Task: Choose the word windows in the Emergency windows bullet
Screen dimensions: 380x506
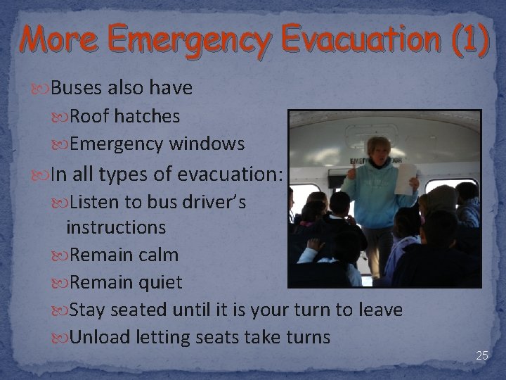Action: [x=207, y=144]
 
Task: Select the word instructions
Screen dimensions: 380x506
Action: [x=116, y=227]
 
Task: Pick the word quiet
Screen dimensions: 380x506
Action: [x=159, y=283]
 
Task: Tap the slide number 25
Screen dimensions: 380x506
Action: [x=481, y=356]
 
